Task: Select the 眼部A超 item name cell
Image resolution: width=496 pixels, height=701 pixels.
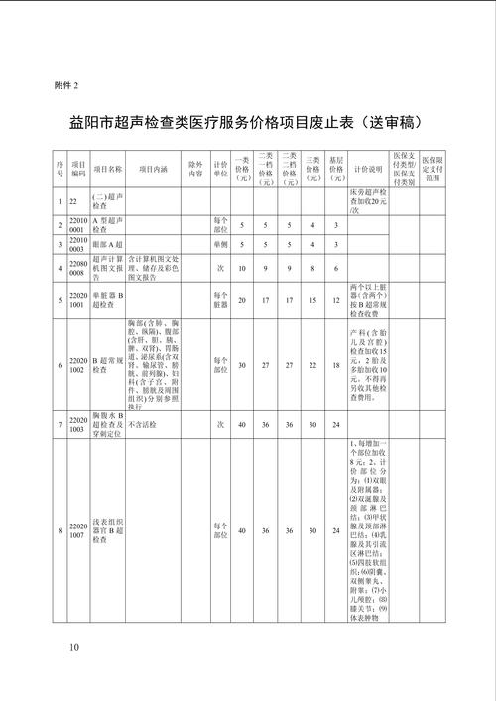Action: click(x=106, y=243)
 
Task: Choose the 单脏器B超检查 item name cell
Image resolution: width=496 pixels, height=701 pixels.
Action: click(x=108, y=300)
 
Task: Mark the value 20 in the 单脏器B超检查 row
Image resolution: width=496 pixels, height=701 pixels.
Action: click(x=242, y=300)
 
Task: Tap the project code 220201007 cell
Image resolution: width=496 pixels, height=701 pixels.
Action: click(x=78, y=532)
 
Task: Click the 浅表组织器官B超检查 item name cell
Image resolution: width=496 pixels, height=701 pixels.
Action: click(x=108, y=532)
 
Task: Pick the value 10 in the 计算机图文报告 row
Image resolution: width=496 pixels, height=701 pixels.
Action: click(x=242, y=267)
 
